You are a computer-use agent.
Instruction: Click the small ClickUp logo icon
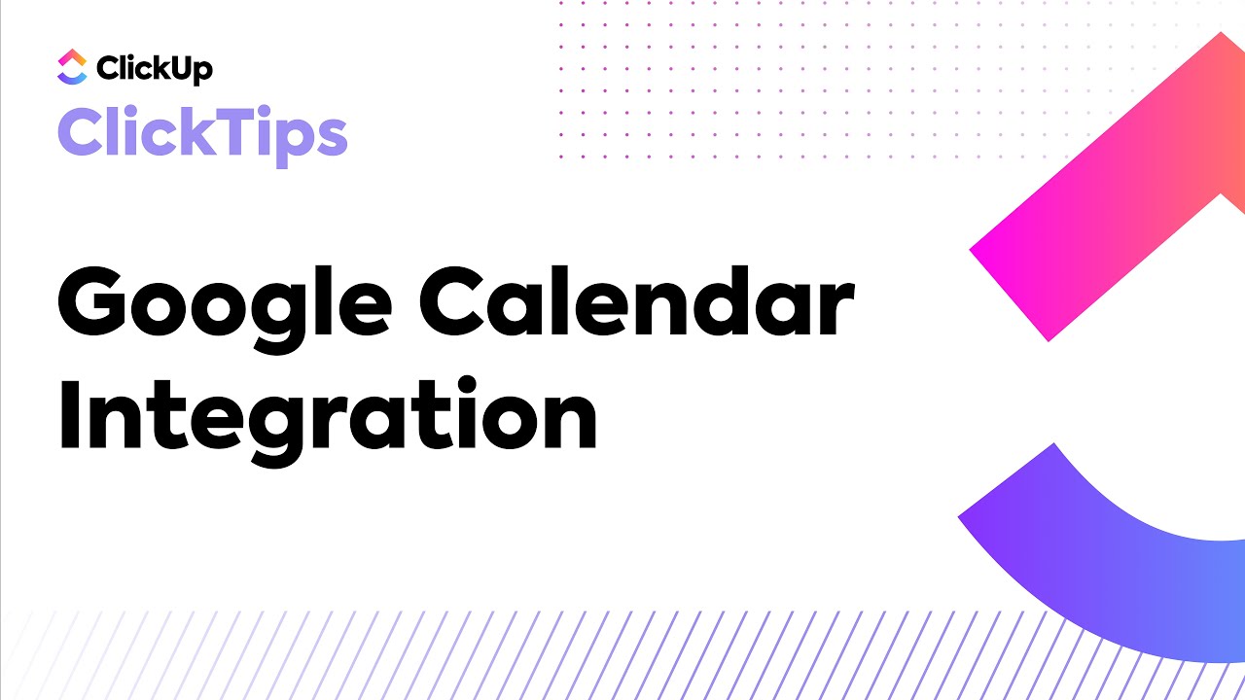72,66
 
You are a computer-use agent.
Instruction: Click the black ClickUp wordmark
154,68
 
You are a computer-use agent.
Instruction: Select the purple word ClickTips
202,133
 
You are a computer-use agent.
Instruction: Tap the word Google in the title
225,303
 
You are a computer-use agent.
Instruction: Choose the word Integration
328,415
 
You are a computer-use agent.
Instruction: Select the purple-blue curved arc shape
1099,564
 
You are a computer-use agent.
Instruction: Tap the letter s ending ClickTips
330,138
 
